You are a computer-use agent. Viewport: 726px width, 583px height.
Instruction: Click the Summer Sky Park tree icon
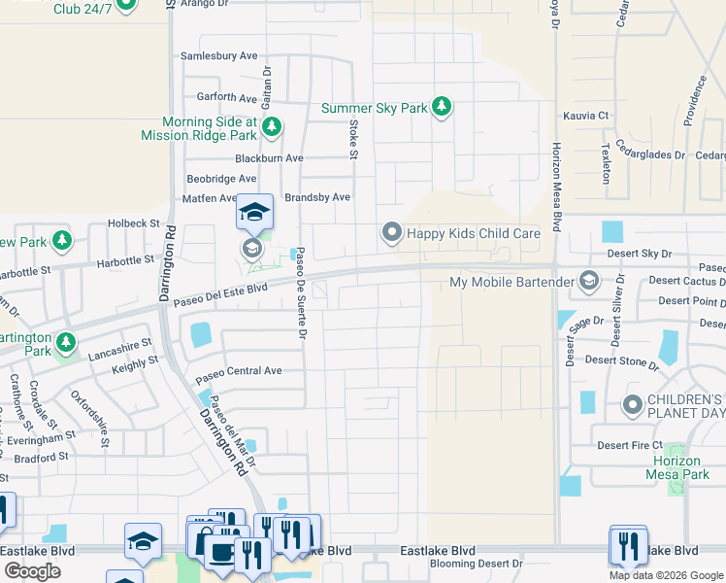pyautogui.click(x=442, y=107)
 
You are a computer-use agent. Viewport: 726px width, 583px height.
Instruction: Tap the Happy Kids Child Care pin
pyautogui.click(x=391, y=233)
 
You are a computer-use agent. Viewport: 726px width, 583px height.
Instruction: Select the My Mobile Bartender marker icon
pyautogui.click(x=588, y=283)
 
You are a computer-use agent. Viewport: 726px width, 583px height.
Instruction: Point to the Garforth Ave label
pyautogui.click(x=226, y=97)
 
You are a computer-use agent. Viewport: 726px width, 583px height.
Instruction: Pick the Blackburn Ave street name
pyautogui.click(x=269, y=158)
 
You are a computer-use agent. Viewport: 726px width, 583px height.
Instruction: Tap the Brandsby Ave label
pyautogui.click(x=316, y=197)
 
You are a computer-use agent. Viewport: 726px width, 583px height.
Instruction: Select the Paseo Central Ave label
pyautogui.click(x=238, y=371)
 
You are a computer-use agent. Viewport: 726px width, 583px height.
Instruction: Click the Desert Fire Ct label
pyautogui.click(x=630, y=445)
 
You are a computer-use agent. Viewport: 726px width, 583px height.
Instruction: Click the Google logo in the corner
pyautogui.click(x=32, y=570)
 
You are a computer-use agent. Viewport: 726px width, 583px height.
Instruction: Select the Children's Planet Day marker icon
pyautogui.click(x=633, y=403)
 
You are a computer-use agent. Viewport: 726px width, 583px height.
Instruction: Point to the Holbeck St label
pyautogui.click(x=133, y=223)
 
